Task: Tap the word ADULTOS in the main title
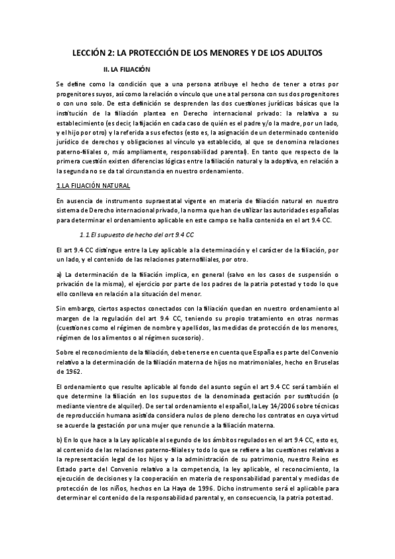click(x=300, y=52)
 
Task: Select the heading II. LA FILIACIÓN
click(x=123, y=69)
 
